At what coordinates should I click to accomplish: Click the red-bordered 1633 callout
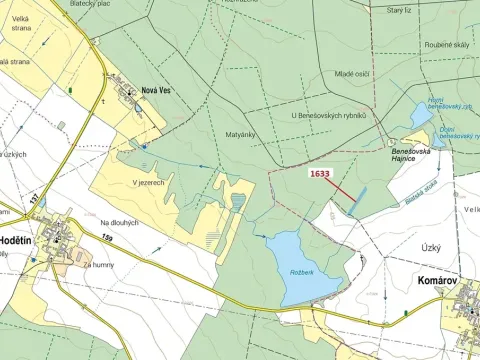point(320,173)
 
